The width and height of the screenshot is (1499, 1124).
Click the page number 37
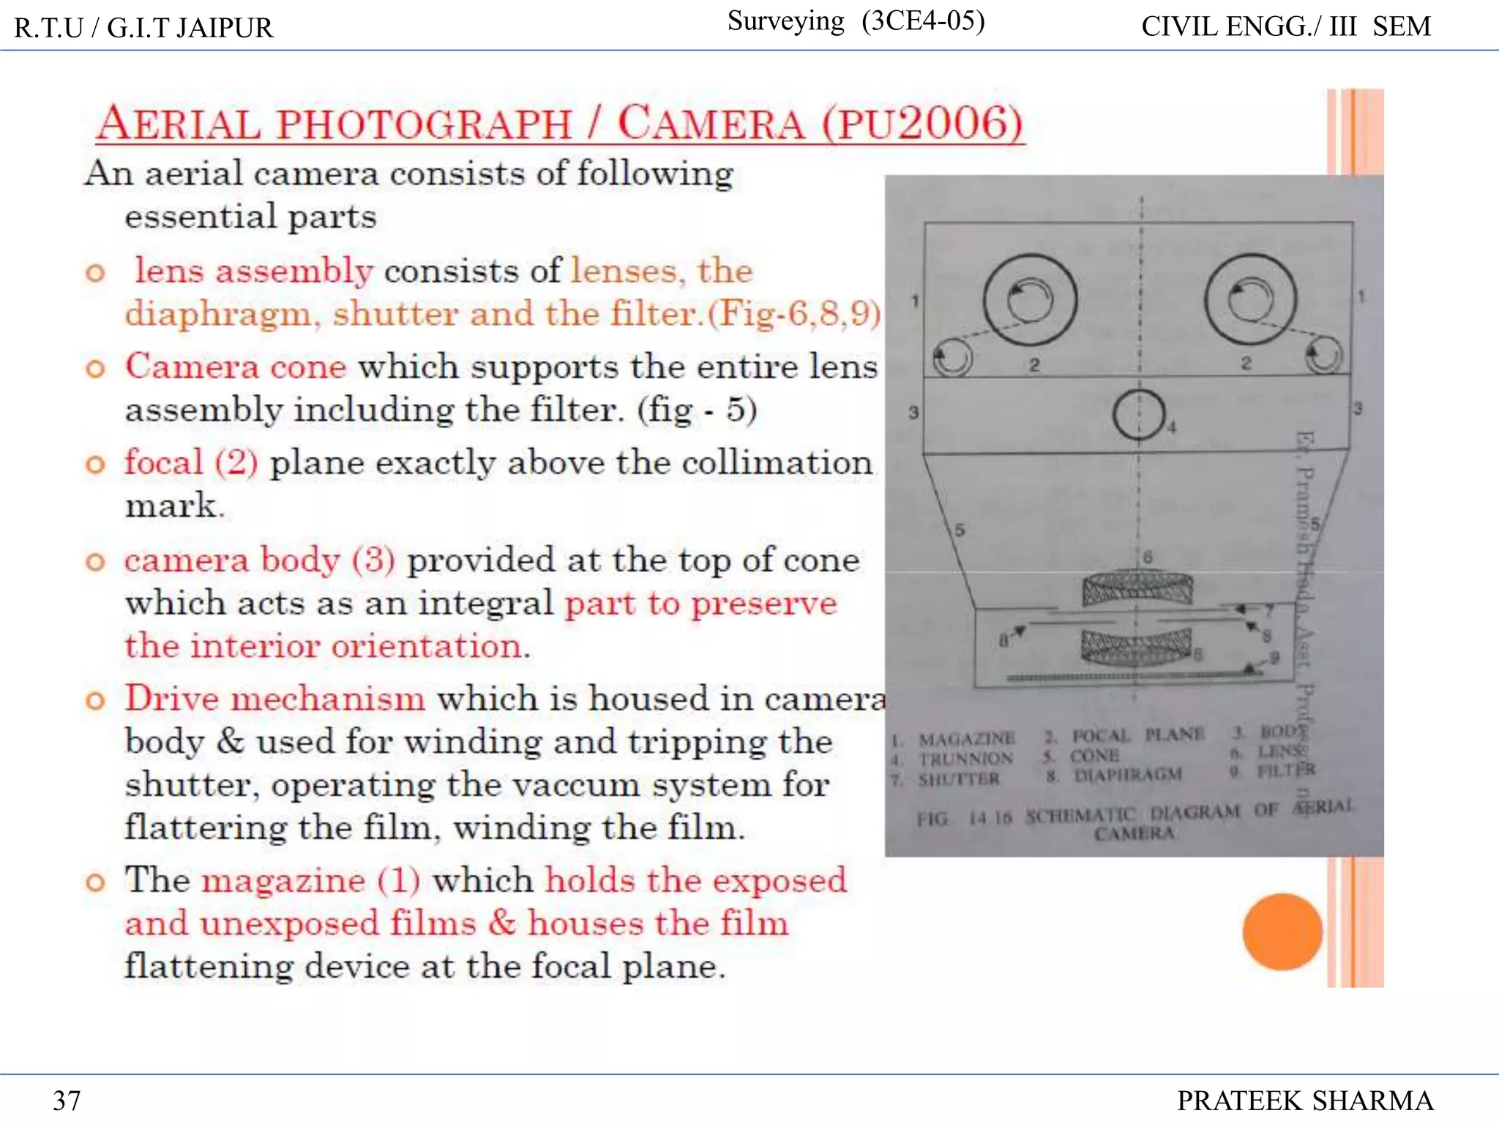click(x=67, y=1100)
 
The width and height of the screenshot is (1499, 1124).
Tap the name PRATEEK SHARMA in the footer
click(x=1304, y=1100)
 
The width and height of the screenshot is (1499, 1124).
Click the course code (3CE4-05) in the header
click(x=923, y=21)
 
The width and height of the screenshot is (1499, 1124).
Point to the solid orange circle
click(x=1282, y=932)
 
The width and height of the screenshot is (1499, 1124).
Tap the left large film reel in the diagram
click(x=1030, y=299)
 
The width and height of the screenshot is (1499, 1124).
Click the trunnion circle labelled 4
click(x=1139, y=415)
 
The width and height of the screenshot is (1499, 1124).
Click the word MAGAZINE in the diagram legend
click(x=966, y=738)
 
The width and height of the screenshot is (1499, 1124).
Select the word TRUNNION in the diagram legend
click(x=966, y=759)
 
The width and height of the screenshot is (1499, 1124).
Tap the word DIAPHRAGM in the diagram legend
click(x=1127, y=775)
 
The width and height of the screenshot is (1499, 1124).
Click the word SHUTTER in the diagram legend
click(x=959, y=779)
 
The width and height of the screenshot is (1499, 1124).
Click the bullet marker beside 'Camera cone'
click(x=95, y=368)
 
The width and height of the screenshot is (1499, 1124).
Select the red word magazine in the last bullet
click(x=283, y=880)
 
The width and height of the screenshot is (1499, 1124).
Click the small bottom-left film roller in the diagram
click(x=952, y=359)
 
